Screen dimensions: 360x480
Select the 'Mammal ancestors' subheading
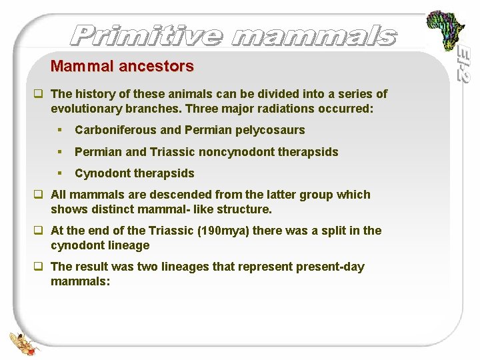pos(122,66)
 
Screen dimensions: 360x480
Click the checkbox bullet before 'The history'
pos(40,94)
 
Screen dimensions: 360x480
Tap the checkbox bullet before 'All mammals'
pos(40,195)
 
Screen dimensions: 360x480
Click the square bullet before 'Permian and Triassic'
pos(60,152)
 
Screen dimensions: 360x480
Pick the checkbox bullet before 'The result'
pos(40,267)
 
